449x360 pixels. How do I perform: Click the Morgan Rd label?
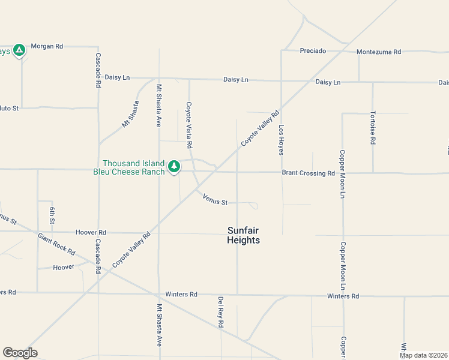[47, 46]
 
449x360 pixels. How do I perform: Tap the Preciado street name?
[313, 51]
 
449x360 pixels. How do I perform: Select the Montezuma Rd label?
[378, 52]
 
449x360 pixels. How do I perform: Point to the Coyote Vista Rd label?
[188, 125]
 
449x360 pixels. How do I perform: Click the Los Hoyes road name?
[281, 140]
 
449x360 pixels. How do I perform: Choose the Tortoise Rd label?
[373, 128]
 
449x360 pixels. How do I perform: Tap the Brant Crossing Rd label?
[308, 173]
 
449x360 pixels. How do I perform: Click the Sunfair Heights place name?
[244, 235]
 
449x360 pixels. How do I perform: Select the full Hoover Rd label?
[91, 232]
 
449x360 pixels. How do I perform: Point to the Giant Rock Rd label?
[56, 243]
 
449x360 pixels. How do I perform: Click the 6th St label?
[53, 215]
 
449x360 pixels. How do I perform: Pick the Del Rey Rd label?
[221, 312]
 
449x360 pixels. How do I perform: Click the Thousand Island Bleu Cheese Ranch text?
[133, 167]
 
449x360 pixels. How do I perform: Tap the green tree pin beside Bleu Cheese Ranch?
[174, 166]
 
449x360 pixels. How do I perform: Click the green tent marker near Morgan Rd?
[19, 50]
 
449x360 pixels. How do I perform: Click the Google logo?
[20, 353]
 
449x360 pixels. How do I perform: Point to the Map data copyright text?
[423, 355]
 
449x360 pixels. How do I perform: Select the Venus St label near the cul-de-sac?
[215, 199]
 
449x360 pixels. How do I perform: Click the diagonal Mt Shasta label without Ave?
[130, 114]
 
